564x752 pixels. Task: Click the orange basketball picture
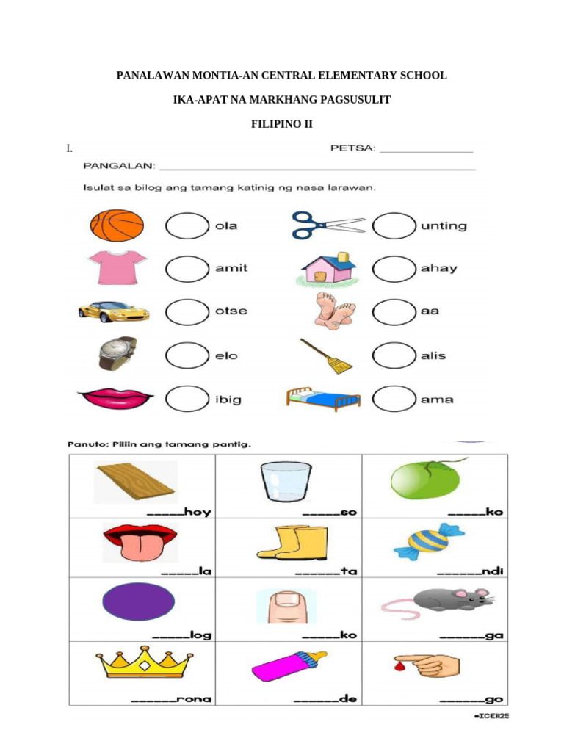116,225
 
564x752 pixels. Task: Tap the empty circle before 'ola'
187,225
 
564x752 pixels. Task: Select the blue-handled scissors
327,225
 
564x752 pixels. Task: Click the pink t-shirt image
117,267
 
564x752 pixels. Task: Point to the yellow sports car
114,311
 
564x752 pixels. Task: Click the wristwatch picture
117,353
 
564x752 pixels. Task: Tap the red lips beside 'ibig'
115,399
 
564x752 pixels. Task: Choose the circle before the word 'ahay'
394,268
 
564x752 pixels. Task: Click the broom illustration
326,355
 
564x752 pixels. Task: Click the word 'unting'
443,226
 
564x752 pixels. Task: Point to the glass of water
286,482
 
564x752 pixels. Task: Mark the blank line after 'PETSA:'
427,151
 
